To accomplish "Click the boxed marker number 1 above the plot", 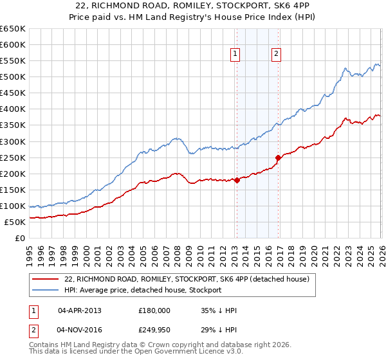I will pyautogui.click(x=235, y=55).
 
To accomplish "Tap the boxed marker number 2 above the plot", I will pyautogui.click(x=276, y=55).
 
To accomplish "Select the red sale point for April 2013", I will pyautogui.click(x=237, y=180).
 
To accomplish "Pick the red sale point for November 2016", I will pyautogui.click(x=278, y=157).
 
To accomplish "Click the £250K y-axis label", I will pyautogui.click(x=14, y=157).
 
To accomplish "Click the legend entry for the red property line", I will pyautogui.click(x=187, y=279).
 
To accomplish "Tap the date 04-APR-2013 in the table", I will pyautogui.click(x=80, y=310).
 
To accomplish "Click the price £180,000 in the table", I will pyautogui.click(x=154, y=310).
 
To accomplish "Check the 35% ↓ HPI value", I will pyautogui.click(x=219, y=310).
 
